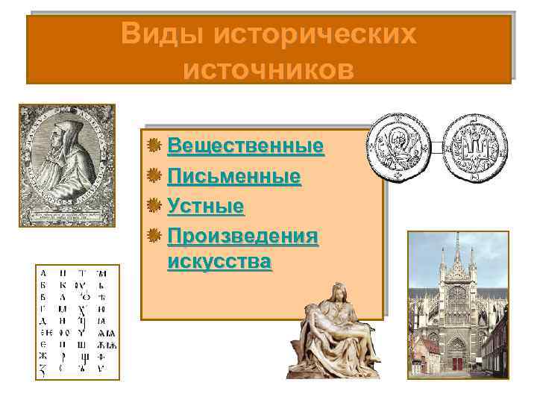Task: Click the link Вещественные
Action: pos(245,146)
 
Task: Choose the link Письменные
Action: pos(233,176)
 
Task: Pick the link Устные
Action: pos(205,205)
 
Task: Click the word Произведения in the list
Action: pos(243,236)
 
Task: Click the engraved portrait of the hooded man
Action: pos(66,165)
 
